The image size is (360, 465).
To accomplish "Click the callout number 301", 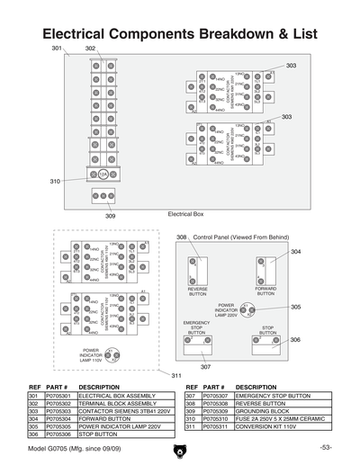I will click(x=57, y=47).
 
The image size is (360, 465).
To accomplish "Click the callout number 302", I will click(x=90, y=48).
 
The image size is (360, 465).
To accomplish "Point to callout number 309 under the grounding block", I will click(x=110, y=216).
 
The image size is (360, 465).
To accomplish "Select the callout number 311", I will click(x=176, y=374).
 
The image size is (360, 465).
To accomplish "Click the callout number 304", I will click(x=295, y=252).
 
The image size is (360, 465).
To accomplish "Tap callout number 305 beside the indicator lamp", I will click(x=295, y=307).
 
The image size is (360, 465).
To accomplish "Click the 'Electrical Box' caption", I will click(x=186, y=214).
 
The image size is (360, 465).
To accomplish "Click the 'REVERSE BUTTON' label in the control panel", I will click(x=197, y=291).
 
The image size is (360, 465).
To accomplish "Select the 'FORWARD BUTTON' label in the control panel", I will click(x=265, y=291).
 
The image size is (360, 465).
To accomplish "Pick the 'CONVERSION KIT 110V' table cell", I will click(x=266, y=426).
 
